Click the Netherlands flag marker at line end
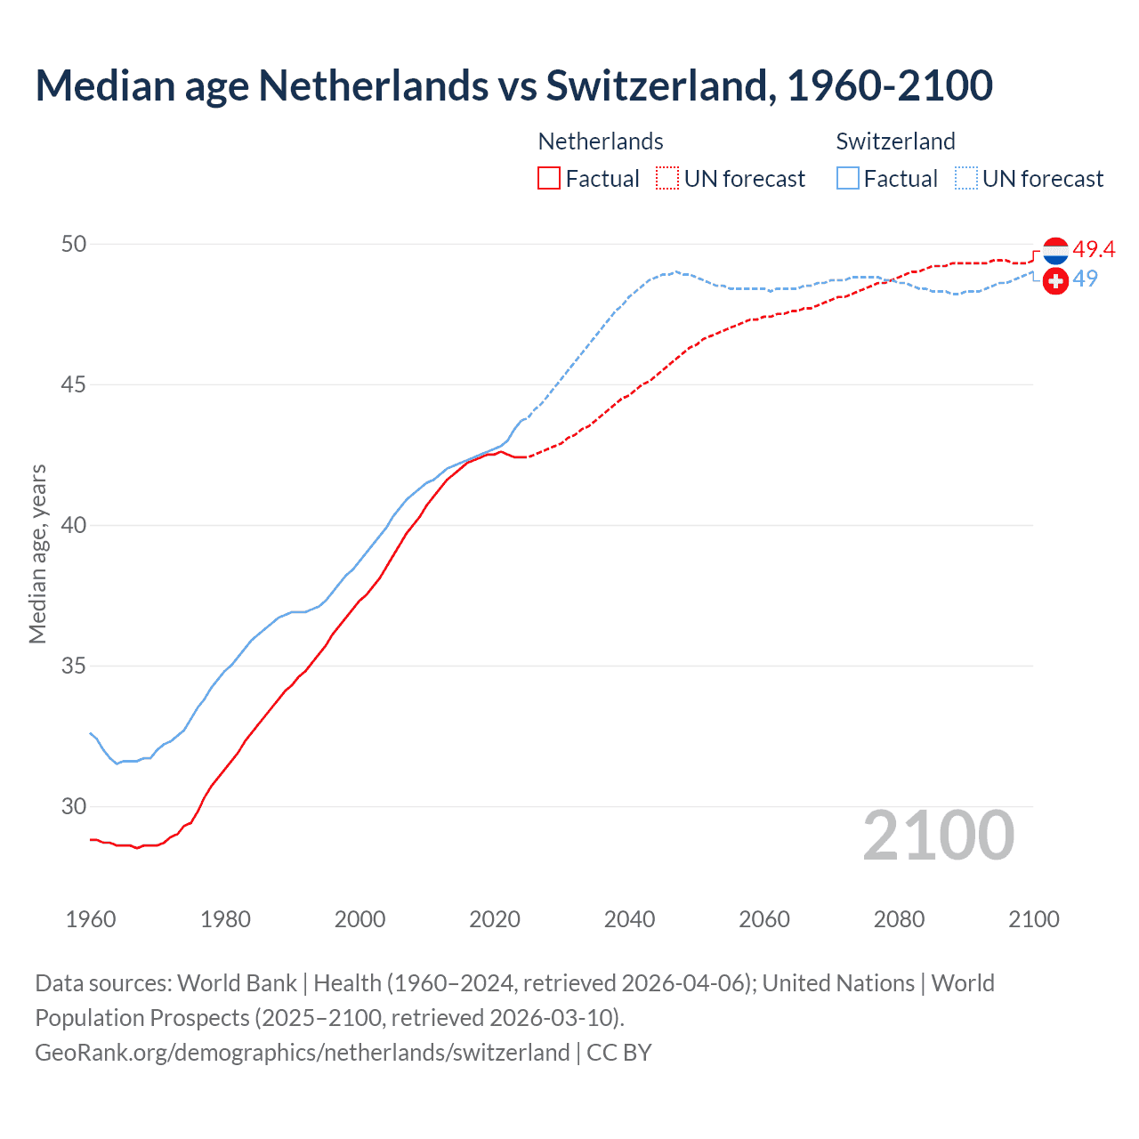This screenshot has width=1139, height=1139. point(1055,251)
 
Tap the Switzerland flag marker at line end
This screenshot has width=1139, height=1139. point(1055,281)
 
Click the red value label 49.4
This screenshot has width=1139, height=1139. point(1094,249)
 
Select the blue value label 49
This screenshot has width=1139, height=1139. point(1085,279)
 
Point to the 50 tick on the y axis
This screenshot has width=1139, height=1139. point(74,244)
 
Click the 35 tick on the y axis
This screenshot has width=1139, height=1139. point(74,666)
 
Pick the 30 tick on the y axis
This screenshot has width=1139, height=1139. point(74,806)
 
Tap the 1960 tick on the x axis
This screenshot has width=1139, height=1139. point(91,919)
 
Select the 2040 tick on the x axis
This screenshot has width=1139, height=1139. point(629,919)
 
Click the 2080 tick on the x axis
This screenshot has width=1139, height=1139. point(899,919)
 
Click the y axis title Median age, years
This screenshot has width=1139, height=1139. point(37,553)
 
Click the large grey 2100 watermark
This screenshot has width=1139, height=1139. point(938,835)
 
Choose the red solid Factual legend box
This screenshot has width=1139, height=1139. point(549,178)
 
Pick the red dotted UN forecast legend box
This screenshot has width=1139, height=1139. point(667,178)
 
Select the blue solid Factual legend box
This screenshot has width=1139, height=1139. point(848,178)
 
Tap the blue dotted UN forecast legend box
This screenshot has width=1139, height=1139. point(966,178)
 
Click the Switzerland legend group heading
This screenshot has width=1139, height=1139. point(895,141)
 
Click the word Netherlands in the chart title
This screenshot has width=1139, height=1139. point(373,85)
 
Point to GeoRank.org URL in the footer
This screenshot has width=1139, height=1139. point(303,1052)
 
